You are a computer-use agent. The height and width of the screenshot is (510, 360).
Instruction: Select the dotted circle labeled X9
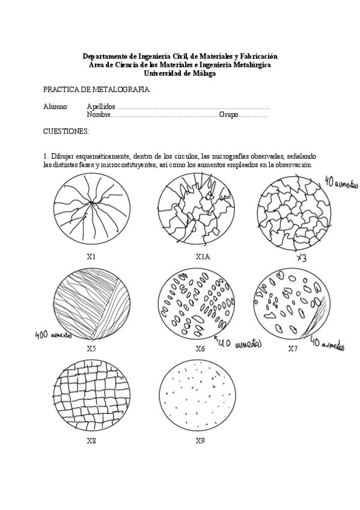point(196,398)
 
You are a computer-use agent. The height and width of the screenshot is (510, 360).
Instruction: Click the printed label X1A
point(203,256)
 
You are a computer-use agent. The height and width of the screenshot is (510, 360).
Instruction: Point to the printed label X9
point(200,441)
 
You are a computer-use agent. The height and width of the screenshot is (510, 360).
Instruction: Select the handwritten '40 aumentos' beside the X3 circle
point(340,182)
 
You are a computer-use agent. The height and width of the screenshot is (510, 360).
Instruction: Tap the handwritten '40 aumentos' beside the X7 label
point(327,345)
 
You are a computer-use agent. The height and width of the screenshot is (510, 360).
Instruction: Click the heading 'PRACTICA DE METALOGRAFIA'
point(96,90)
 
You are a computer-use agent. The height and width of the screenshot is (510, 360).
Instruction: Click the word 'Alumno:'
point(56,106)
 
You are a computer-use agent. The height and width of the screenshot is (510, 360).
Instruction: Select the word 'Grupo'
point(228,114)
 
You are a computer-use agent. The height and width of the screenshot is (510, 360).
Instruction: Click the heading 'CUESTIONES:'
point(66,131)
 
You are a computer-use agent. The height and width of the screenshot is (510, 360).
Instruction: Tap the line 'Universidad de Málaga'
point(180,73)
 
